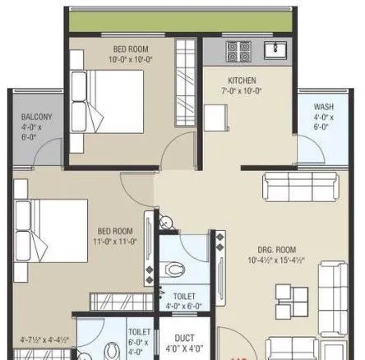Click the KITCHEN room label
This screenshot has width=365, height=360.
pos(243,80)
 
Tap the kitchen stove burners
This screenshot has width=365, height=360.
pos(238,51)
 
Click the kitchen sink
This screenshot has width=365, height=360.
pos(275,50)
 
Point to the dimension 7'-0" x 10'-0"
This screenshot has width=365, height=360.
pos(243,90)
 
